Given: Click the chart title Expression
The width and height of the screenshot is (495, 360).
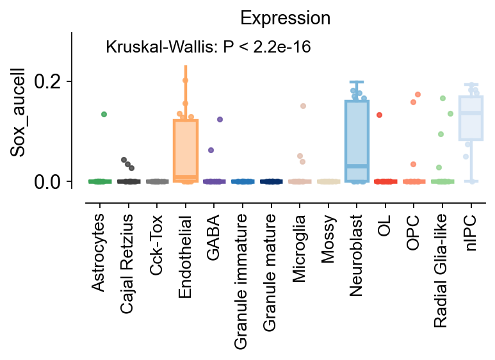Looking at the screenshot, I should click(x=285, y=19).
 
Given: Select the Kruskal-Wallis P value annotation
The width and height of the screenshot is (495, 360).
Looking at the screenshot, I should click(x=208, y=47).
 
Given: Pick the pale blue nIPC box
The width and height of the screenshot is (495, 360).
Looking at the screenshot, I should click(x=471, y=118).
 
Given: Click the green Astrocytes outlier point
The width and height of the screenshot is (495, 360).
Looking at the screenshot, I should click(x=104, y=114).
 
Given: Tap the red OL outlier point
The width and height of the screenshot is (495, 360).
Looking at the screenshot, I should click(x=379, y=115).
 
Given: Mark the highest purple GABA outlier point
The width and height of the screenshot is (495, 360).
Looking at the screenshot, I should click(x=220, y=119).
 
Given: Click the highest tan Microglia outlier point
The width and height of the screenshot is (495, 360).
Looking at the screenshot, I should click(x=303, y=106).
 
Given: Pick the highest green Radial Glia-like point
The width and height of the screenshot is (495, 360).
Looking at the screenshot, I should click(x=442, y=98).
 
